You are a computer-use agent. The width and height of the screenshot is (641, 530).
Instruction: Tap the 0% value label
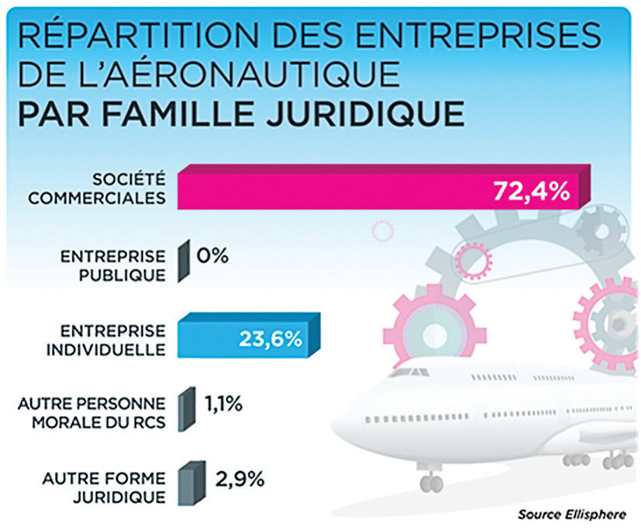coord(212,255)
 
